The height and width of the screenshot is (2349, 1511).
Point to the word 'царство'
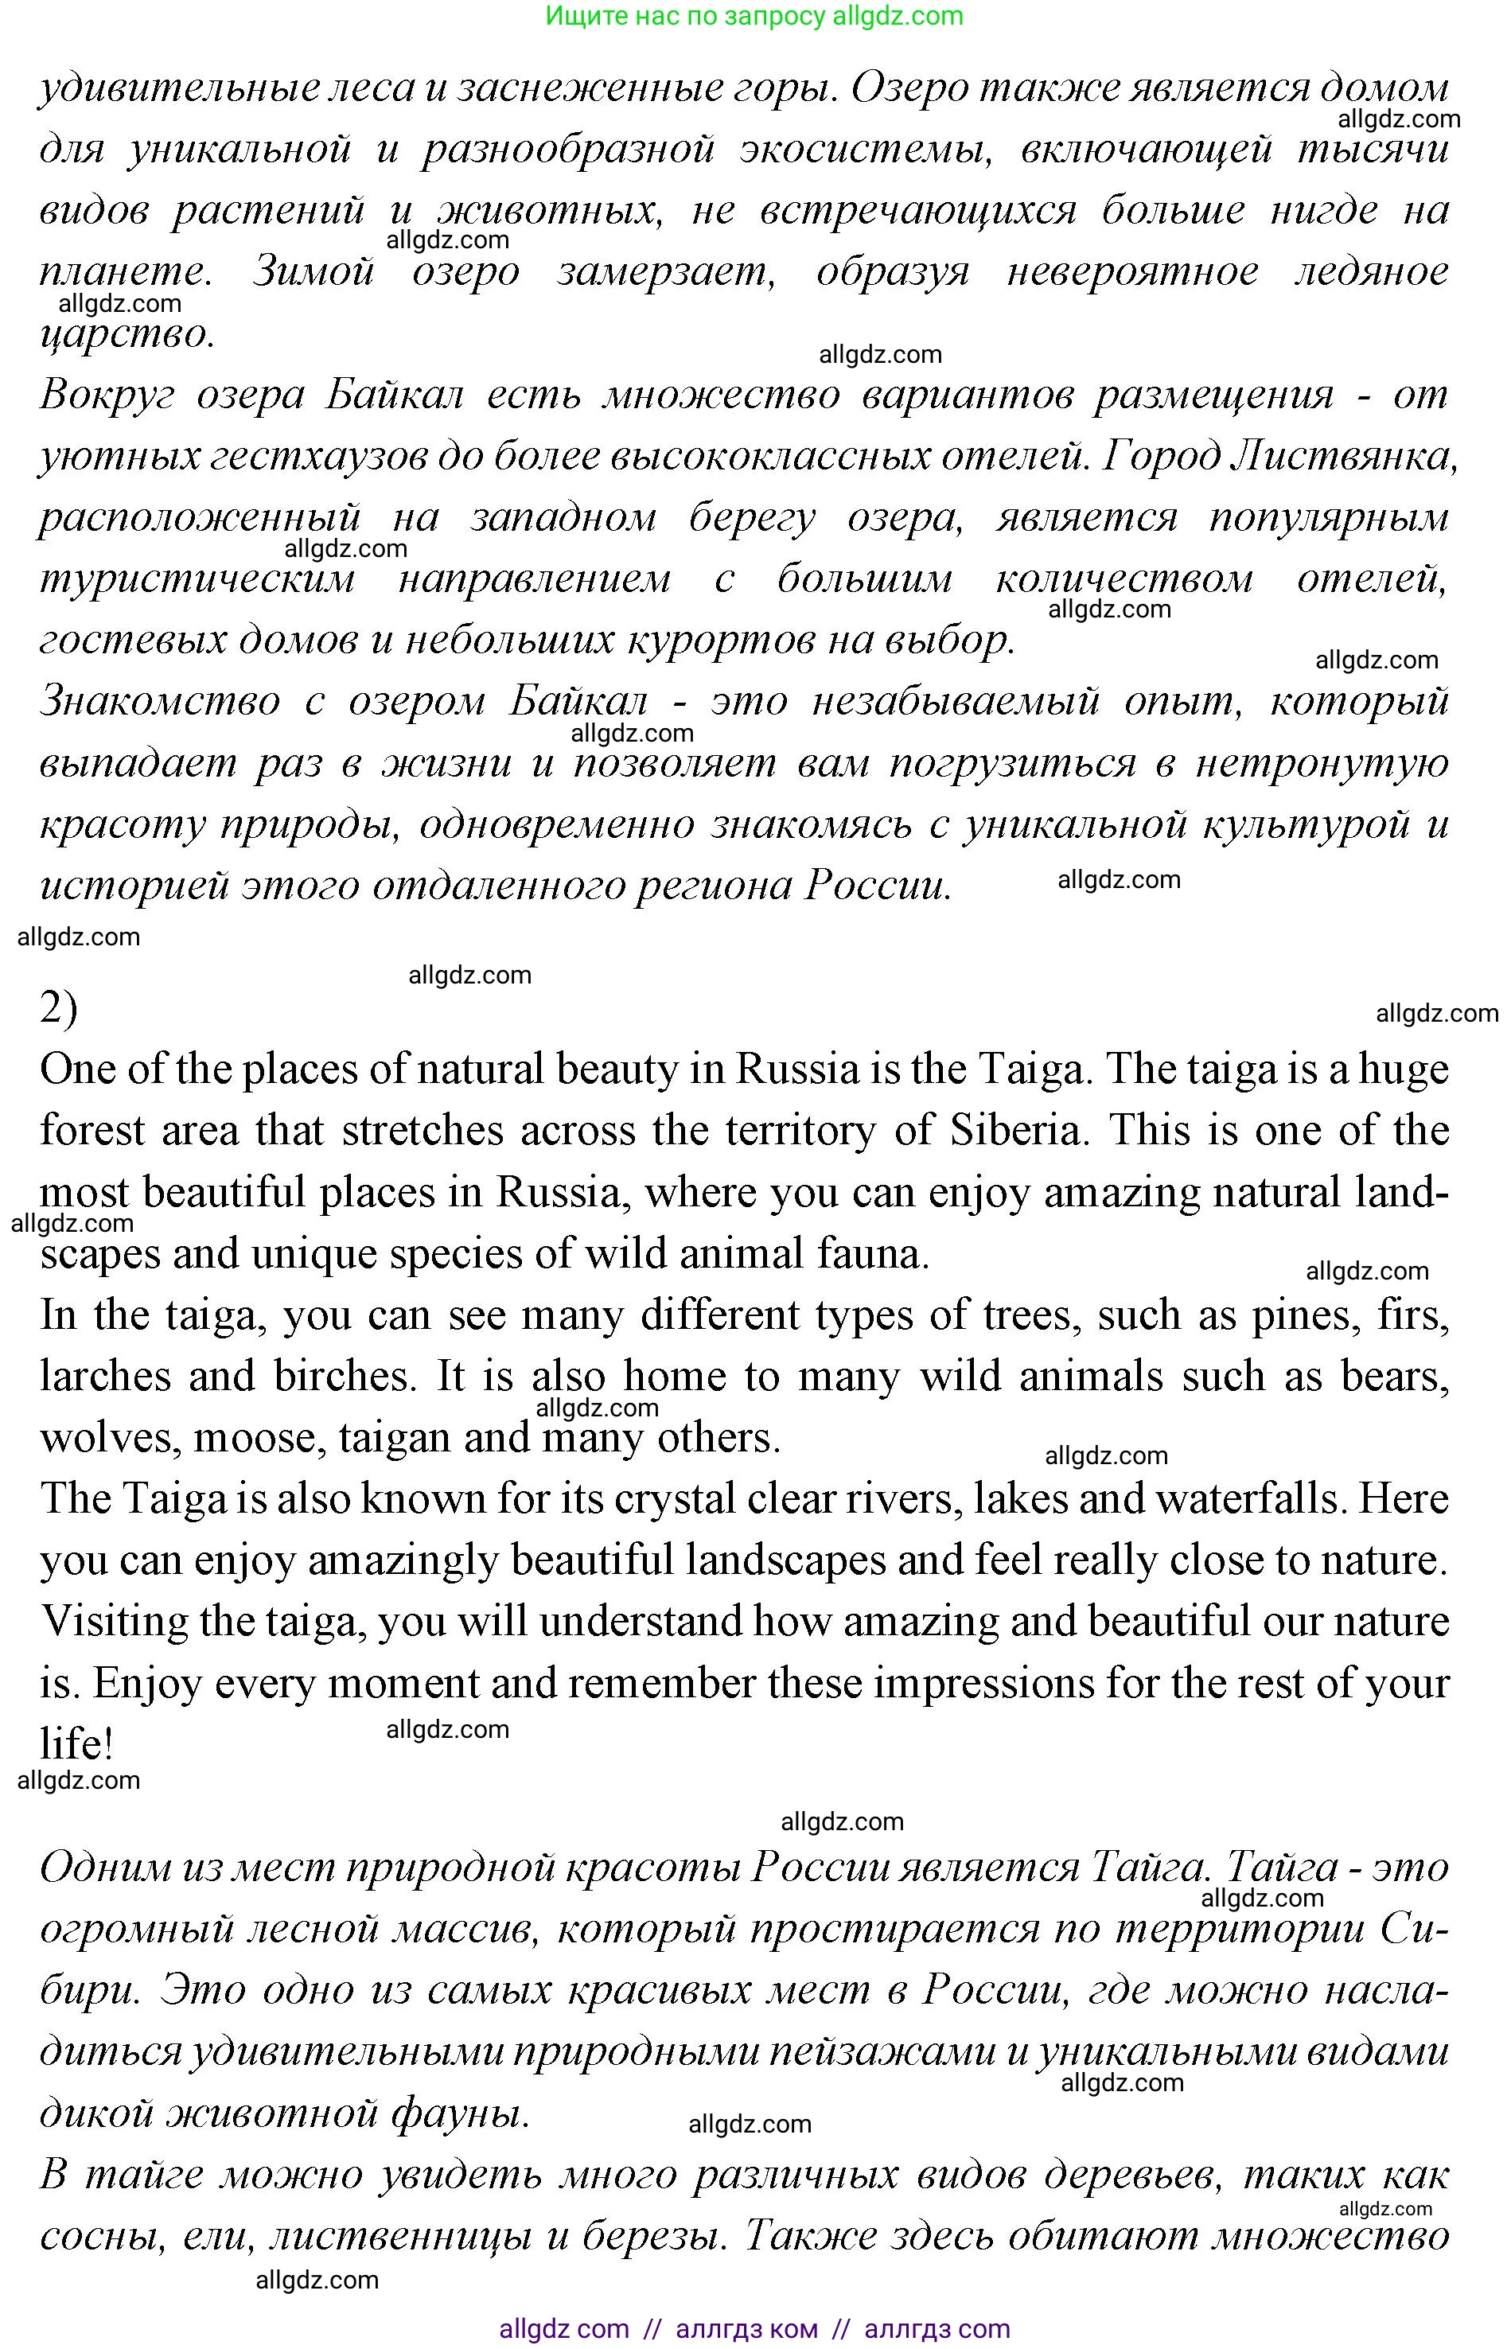click(127, 334)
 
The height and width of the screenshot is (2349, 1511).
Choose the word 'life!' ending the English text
click(76, 1744)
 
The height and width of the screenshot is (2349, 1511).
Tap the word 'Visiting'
click(113, 1622)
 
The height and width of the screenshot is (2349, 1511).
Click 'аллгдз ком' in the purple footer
click(746, 2328)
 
